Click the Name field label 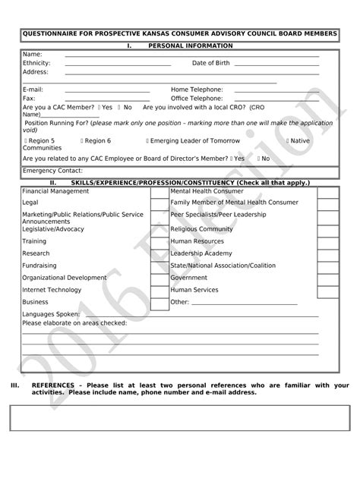click(x=32, y=54)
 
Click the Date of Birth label click(x=210, y=63)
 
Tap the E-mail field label click(x=33, y=90)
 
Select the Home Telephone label click(x=197, y=90)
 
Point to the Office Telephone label click(x=197, y=99)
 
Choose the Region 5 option click(x=39, y=141)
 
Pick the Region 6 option click(x=95, y=141)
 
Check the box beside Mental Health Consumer click(x=327, y=191)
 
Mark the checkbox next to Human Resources click(x=327, y=241)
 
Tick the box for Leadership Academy click(x=327, y=253)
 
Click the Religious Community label click(x=201, y=228)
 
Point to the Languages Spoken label click(x=51, y=314)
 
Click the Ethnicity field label click(x=36, y=63)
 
